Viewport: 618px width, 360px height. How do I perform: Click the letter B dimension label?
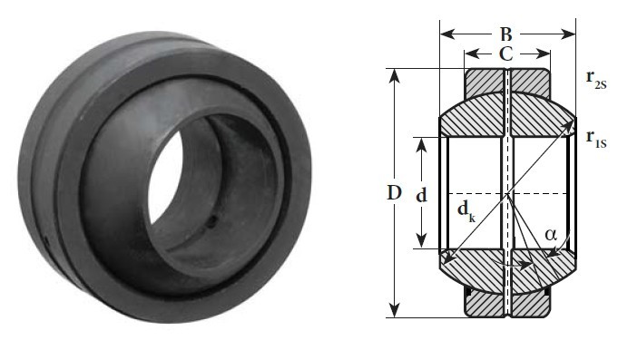(x=506, y=34)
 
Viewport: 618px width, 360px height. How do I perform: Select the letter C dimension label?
(x=506, y=54)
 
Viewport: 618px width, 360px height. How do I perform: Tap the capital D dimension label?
(x=394, y=193)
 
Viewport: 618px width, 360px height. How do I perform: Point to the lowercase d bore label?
(x=422, y=195)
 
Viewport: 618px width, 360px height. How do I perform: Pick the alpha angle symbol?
(x=551, y=235)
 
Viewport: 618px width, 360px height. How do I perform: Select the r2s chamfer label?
(x=595, y=80)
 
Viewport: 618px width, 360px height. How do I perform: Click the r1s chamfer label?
(x=595, y=139)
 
